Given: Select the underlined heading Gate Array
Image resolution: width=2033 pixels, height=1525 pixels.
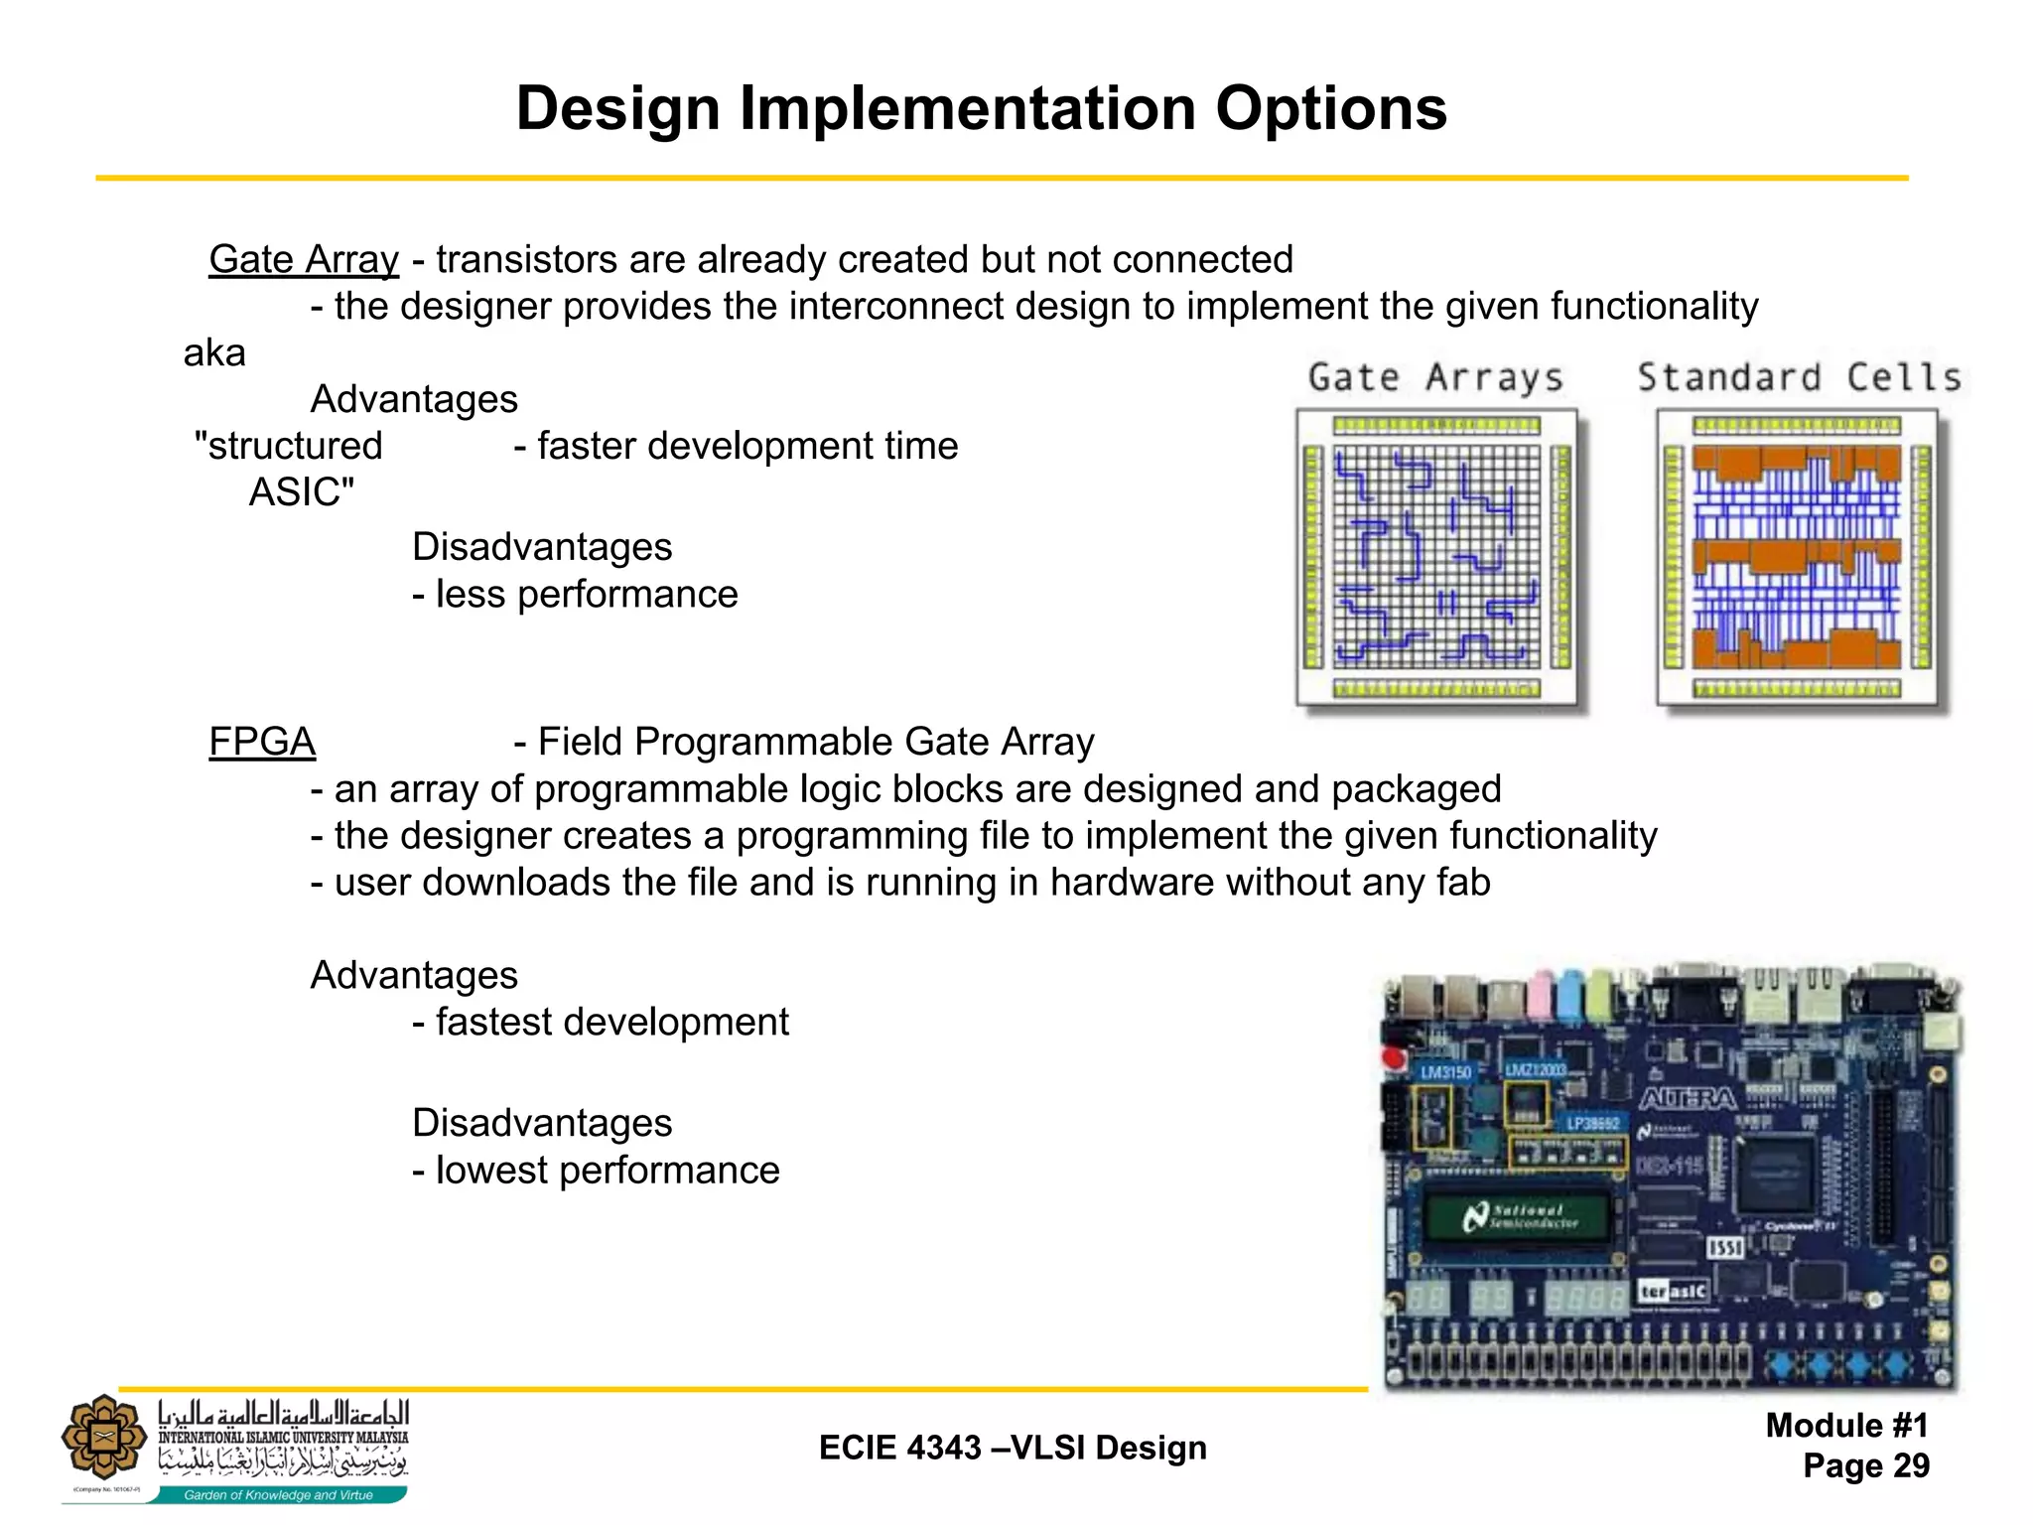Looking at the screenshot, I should [304, 259].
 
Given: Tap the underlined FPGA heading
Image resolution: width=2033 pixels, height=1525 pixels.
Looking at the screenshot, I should [262, 742].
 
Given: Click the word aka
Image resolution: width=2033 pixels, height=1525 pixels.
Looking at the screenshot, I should [214, 352].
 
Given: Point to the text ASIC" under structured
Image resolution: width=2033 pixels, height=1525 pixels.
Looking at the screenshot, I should [302, 492].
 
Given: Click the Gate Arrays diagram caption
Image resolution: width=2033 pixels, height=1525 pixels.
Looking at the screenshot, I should [1435, 377].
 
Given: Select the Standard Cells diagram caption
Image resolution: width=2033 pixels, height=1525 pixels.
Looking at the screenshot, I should [1799, 377].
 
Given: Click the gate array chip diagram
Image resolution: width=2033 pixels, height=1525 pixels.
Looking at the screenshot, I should [1436, 558].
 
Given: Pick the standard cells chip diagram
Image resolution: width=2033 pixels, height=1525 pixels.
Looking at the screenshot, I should [1798, 558].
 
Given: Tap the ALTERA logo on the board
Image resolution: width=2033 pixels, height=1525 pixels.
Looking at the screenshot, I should [1688, 1098].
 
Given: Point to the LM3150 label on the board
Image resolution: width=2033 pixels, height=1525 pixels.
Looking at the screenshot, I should [1445, 1072].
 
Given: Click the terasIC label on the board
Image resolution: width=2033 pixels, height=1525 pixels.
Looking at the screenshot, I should [1674, 1291].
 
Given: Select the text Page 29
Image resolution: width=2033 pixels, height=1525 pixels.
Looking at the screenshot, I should [1866, 1465].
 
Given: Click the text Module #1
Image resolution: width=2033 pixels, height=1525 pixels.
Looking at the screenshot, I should [1846, 1426].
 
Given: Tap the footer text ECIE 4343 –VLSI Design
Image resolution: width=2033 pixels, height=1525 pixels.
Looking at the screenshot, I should [1013, 1448].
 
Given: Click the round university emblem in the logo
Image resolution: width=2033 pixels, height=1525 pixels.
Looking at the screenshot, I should [104, 1437].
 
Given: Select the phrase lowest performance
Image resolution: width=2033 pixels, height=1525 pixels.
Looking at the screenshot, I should [608, 1170].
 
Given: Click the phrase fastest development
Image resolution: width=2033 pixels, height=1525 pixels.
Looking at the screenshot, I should [611, 1022].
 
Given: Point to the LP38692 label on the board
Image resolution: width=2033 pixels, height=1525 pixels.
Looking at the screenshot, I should [1592, 1123].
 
